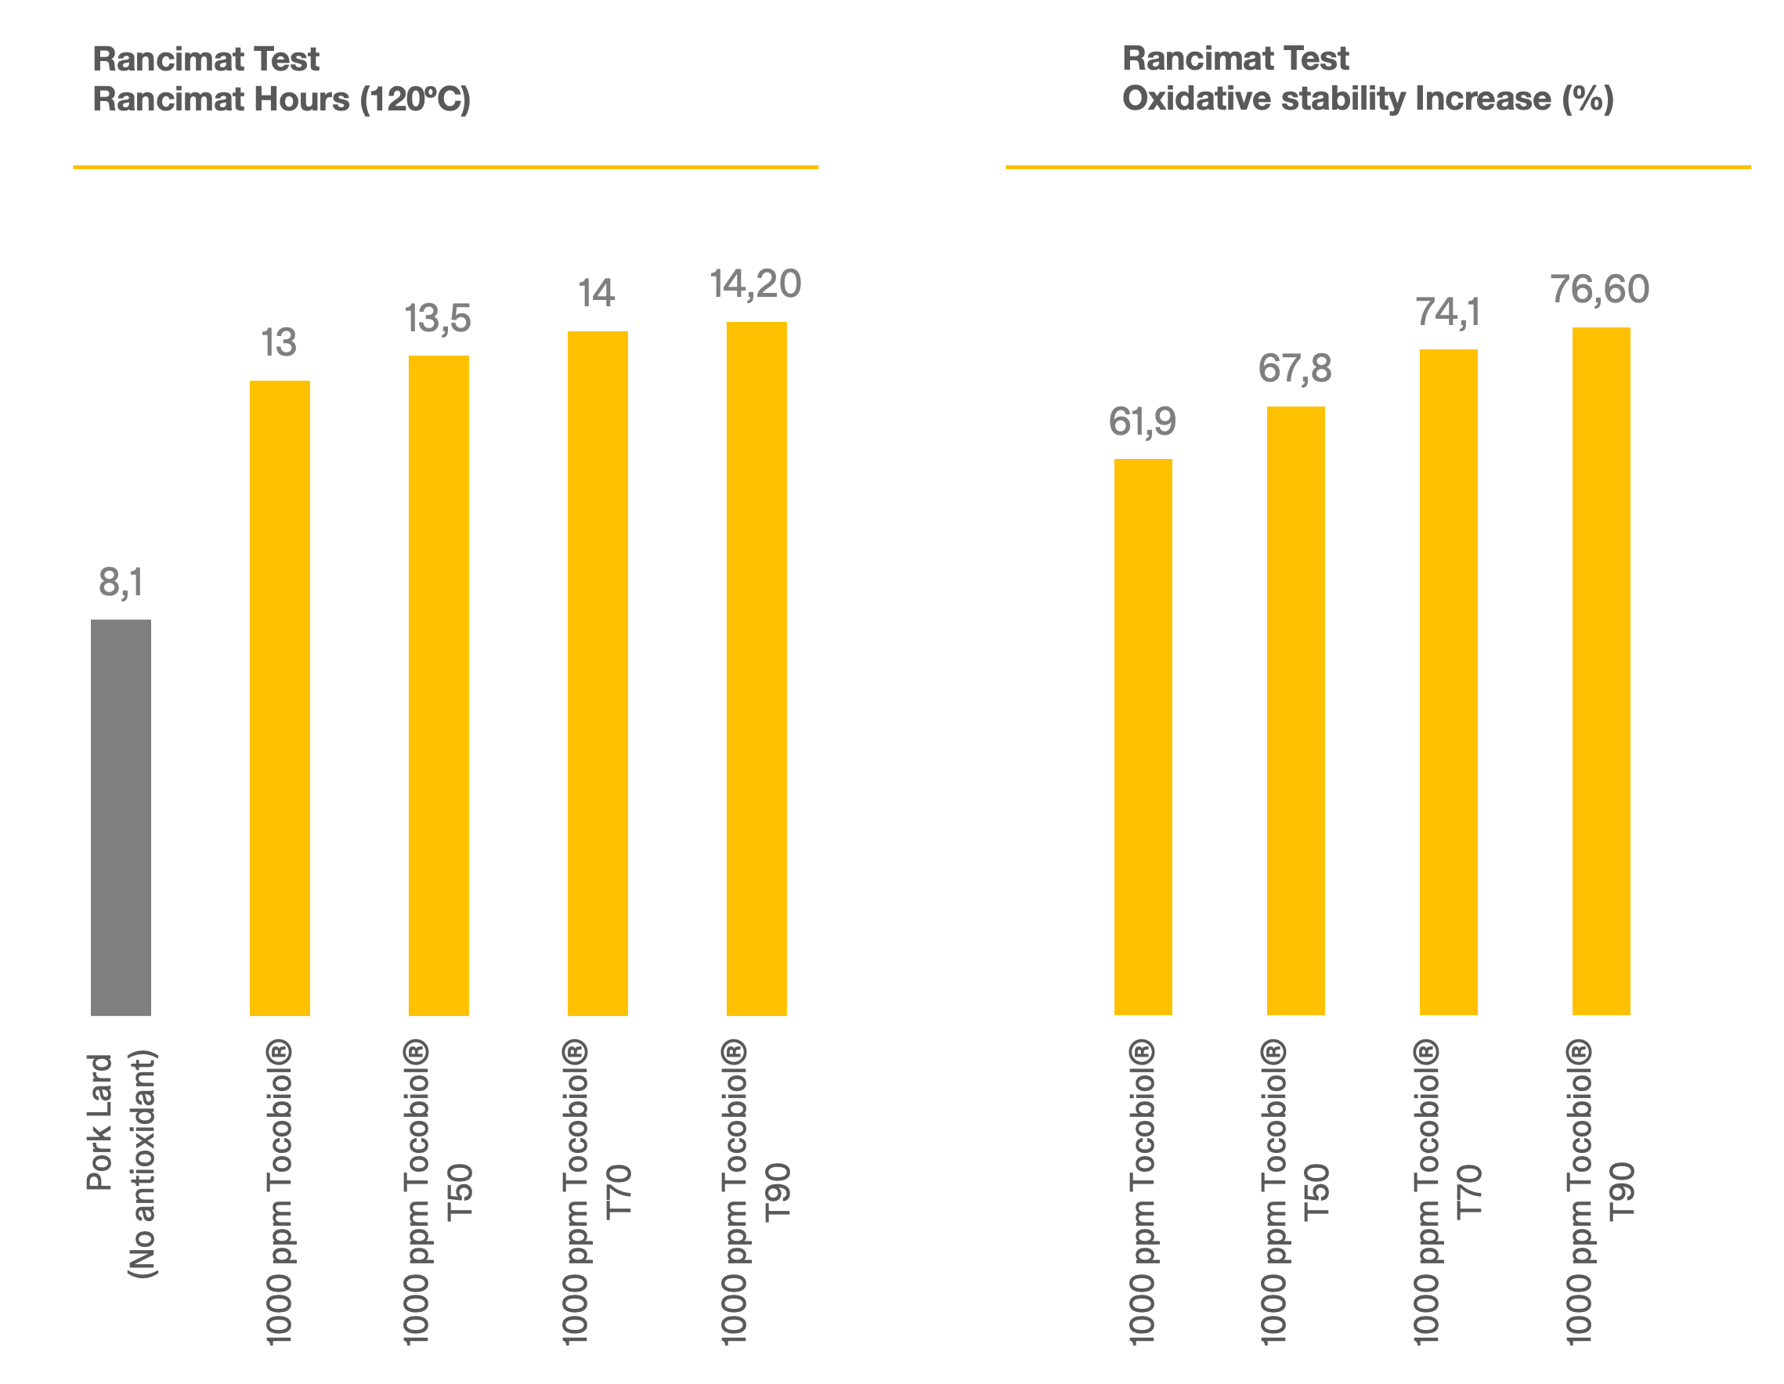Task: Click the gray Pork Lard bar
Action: click(x=120, y=817)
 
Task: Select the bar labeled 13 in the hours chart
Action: click(x=280, y=699)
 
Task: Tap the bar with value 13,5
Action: click(x=439, y=686)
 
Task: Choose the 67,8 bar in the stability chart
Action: click(x=1295, y=710)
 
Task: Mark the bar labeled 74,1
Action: click(x=1448, y=682)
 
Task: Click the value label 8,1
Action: click(x=120, y=583)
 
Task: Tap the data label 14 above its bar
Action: click(x=596, y=293)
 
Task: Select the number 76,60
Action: click(x=1599, y=289)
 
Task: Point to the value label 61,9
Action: click(x=1142, y=421)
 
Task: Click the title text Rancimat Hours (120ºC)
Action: click(x=282, y=99)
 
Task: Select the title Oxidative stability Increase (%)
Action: click(x=1368, y=98)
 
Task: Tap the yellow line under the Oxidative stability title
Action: click(x=1378, y=167)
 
